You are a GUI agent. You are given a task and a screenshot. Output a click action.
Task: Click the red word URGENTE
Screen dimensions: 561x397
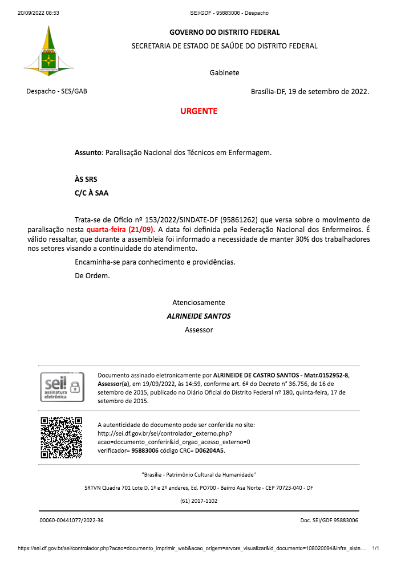[198, 111]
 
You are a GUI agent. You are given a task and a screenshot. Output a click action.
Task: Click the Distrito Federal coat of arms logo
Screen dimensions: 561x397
[48, 52]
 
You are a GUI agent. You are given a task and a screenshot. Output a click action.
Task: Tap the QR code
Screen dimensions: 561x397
[61, 438]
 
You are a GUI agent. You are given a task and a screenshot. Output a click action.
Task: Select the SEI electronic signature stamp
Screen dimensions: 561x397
[62, 388]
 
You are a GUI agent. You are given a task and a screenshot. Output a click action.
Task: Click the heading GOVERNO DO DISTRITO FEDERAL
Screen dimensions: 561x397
[224, 32]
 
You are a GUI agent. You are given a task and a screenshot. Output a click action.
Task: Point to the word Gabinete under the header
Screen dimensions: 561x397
[224, 72]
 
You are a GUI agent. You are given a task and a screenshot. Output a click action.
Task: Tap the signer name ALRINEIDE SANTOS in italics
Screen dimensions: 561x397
[198, 316]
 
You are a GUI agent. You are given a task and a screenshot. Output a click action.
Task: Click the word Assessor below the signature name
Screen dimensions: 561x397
[198, 330]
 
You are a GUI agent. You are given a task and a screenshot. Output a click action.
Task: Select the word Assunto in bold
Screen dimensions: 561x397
[88, 153]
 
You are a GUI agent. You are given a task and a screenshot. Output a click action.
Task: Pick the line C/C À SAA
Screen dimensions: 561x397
[91, 193]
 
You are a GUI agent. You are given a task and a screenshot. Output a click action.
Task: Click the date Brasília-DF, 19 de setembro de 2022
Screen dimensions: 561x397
[310, 91]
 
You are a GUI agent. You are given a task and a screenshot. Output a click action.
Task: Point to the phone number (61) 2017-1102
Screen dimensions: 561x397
[198, 501]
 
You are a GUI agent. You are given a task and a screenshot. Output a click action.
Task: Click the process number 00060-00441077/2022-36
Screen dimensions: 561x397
[71, 521]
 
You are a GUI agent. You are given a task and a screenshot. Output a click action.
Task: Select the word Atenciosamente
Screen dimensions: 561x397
[198, 302]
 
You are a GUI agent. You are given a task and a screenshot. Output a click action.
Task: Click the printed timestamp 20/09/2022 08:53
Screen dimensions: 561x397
[38, 13]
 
